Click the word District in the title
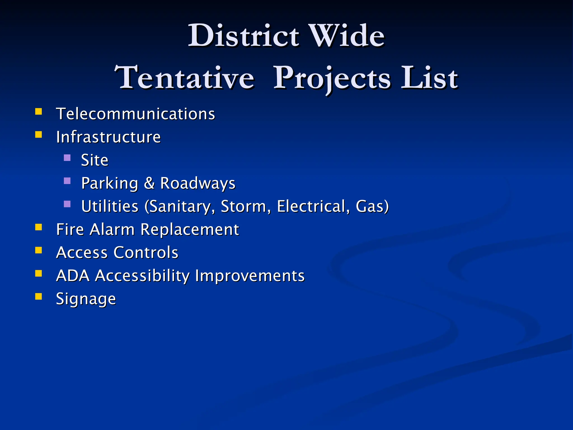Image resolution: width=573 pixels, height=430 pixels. pyautogui.click(x=243, y=36)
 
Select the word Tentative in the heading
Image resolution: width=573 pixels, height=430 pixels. pyautogui.click(x=185, y=78)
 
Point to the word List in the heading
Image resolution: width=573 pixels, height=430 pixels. pyautogui.click(x=429, y=78)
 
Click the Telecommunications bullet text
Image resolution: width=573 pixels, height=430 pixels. pyautogui.click(x=135, y=114)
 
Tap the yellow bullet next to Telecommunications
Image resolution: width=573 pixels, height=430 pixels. pyautogui.click(x=39, y=112)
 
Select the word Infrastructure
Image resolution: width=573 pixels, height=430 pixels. pyautogui.click(x=108, y=137)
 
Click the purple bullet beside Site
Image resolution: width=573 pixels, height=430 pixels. pyautogui.click(x=67, y=158)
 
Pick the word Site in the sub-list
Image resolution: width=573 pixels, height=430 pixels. pyautogui.click(x=95, y=160)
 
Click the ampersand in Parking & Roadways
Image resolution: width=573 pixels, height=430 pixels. pyautogui.click(x=149, y=183)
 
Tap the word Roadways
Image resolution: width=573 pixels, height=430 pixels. pyautogui.click(x=198, y=183)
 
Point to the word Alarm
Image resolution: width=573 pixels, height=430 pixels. pyautogui.click(x=112, y=230)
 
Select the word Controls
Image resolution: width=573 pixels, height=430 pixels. pyautogui.click(x=146, y=253)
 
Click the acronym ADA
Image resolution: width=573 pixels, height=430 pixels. pyautogui.click(x=73, y=276)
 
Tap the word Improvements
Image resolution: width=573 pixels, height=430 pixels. pyautogui.click(x=250, y=276)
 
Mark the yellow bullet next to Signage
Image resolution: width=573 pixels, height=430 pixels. pyautogui.click(x=39, y=296)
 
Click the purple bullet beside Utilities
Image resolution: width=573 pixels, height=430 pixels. pyautogui.click(x=67, y=204)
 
